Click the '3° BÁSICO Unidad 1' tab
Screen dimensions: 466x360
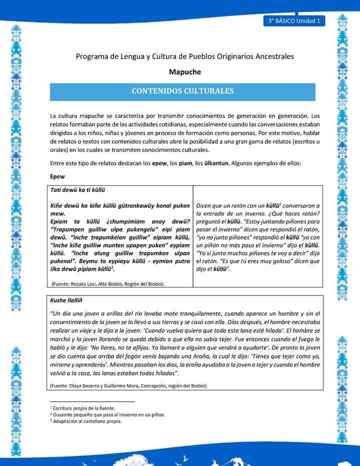click(294, 21)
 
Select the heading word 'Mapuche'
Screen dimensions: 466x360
click(184, 72)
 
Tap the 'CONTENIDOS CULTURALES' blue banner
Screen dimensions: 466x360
click(182, 91)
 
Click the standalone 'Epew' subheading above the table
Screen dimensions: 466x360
click(57, 176)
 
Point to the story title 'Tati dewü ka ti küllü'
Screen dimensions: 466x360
click(77, 190)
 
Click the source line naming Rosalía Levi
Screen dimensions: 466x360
click(108, 283)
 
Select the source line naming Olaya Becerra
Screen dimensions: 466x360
click(128, 385)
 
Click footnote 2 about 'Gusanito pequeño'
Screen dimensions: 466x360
click(107, 414)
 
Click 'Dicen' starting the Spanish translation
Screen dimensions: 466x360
click(206, 206)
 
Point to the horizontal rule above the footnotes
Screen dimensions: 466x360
click(92, 401)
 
